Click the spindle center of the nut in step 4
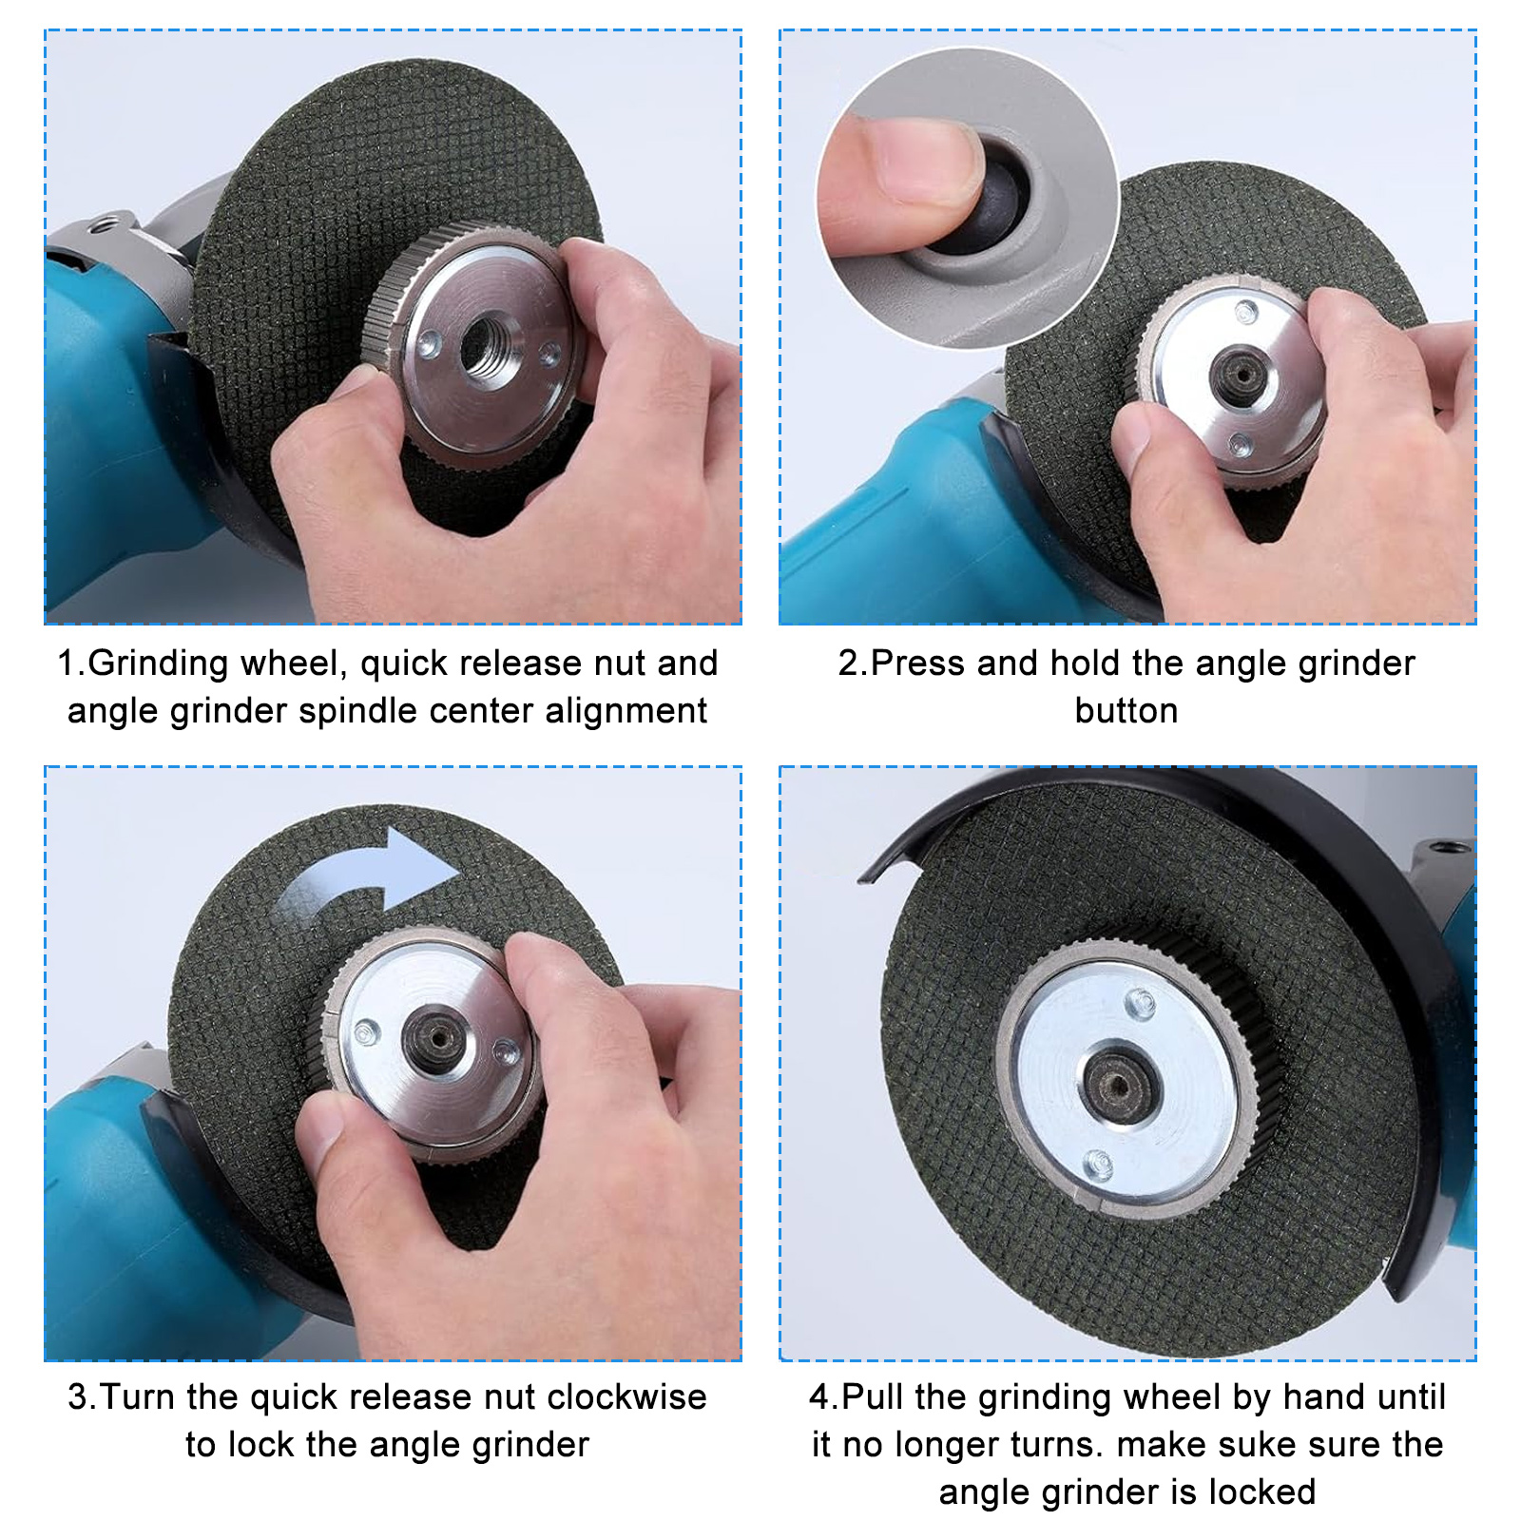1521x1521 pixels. coord(1121,1085)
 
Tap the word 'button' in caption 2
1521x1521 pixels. coord(1126,711)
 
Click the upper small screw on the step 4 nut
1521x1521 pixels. coord(1139,1002)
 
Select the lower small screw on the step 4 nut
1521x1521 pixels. coord(1098,1163)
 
